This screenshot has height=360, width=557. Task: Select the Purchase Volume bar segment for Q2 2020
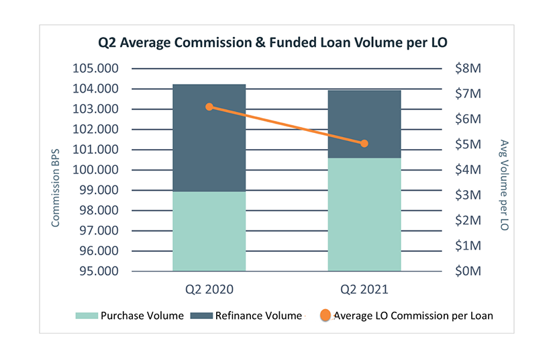pyautogui.click(x=209, y=231)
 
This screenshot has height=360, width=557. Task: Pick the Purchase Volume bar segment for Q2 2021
pyautogui.click(x=364, y=214)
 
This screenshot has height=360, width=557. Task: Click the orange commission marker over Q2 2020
pyautogui.click(x=209, y=107)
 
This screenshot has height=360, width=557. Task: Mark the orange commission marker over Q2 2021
pyautogui.click(x=364, y=143)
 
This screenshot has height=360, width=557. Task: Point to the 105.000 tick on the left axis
pyautogui.click(x=94, y=69)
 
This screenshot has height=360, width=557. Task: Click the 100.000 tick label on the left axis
pyautogui.click(x=94, y=170)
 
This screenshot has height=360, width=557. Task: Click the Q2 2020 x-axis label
pyautogui.click(x=209, y=291)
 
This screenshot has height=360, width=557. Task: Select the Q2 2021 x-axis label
pyautogui.click(x=364, y=291)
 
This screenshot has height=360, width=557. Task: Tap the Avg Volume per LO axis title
pyautogui.click(x=504, y=185)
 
